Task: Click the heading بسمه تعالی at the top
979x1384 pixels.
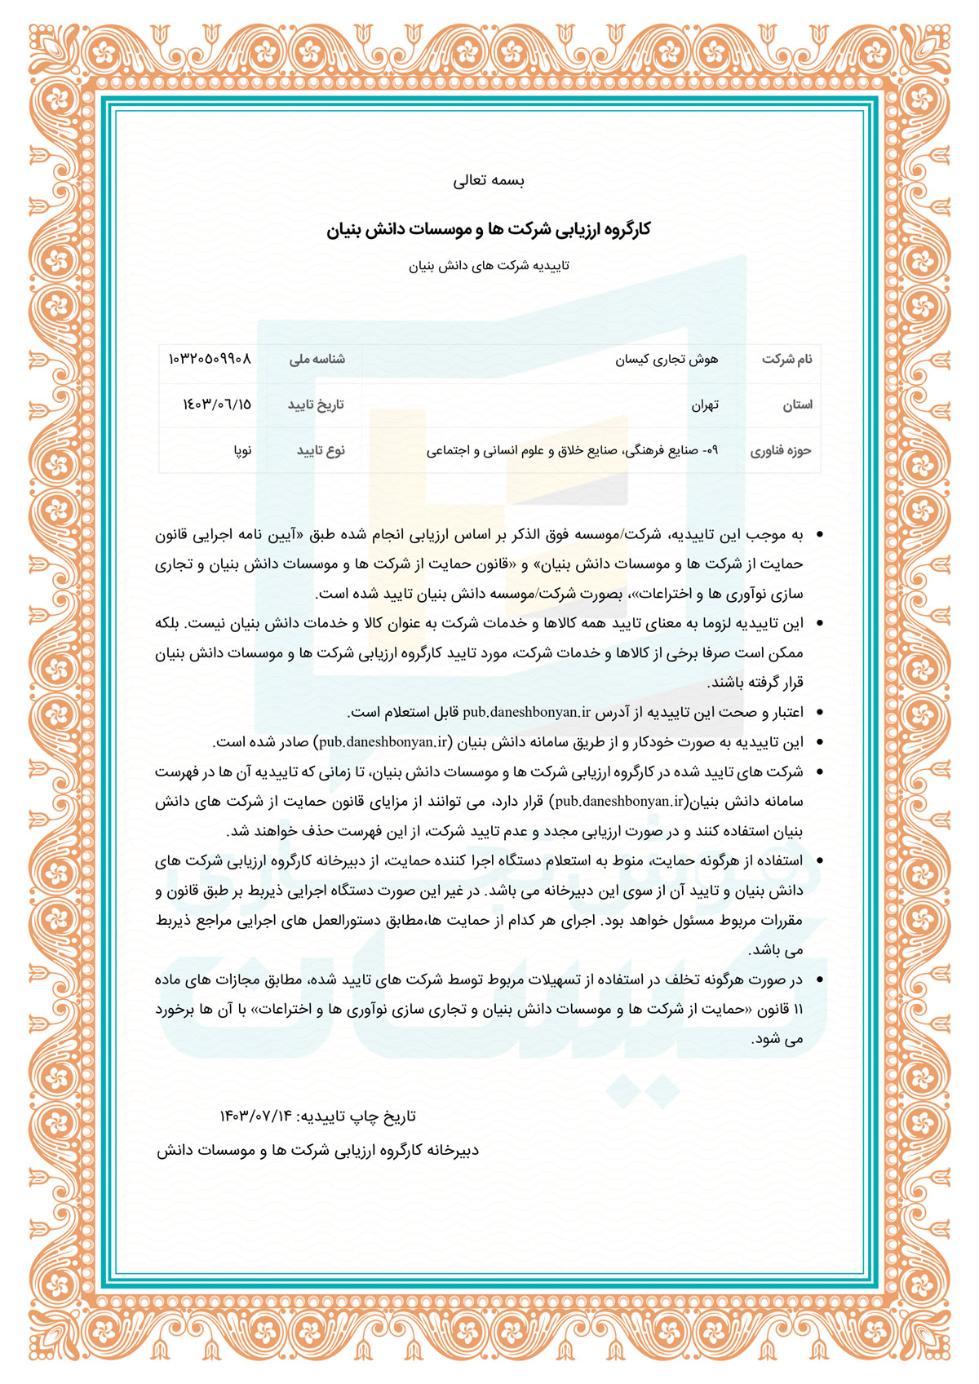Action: [489, 181]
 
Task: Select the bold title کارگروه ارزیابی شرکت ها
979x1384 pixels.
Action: [489, 230]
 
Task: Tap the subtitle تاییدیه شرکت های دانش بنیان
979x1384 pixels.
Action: [489, 266]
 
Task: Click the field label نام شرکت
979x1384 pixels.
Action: [787, 359]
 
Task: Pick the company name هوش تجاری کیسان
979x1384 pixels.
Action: [667, 359]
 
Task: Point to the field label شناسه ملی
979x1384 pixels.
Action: [317, 359]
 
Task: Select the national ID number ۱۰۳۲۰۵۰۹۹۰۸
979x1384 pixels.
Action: [210, 359]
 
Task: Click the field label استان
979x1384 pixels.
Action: [797, 405]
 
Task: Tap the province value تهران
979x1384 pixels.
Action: [705, 405]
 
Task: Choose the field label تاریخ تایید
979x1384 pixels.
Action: [316, 405]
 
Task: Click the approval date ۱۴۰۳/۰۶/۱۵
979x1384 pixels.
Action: [217, 405]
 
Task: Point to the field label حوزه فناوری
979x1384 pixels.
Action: [781, 450]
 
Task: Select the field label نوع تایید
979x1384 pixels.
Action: [321, 450]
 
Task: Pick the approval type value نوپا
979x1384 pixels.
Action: [242, 450]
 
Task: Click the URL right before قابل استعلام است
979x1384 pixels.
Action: [526, 712]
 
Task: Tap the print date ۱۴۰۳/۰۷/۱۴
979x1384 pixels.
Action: [255, 1116]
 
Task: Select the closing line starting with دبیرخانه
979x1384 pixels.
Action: [318, 1151]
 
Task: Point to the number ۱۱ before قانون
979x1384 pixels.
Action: [797, 1010]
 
